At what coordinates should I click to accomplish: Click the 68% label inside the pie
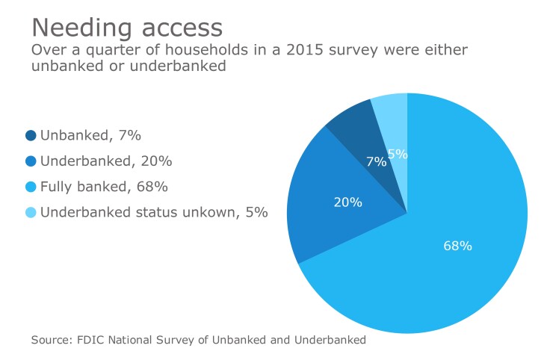coord(457,245)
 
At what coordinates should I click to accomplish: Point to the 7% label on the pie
coord(377,161)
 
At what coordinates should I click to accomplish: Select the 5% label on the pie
coord(398,154)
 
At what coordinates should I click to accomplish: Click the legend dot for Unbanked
coord(31,135)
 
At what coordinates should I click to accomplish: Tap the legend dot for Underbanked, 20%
coord(31,161)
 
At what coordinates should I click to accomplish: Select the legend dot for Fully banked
coord(31,186)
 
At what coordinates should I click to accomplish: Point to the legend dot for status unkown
coord(31,211)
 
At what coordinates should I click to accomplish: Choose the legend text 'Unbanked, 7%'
coord(90,135)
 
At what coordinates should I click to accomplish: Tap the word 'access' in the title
coord(179,28)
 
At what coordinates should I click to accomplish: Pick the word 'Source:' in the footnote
coord(52,340)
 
